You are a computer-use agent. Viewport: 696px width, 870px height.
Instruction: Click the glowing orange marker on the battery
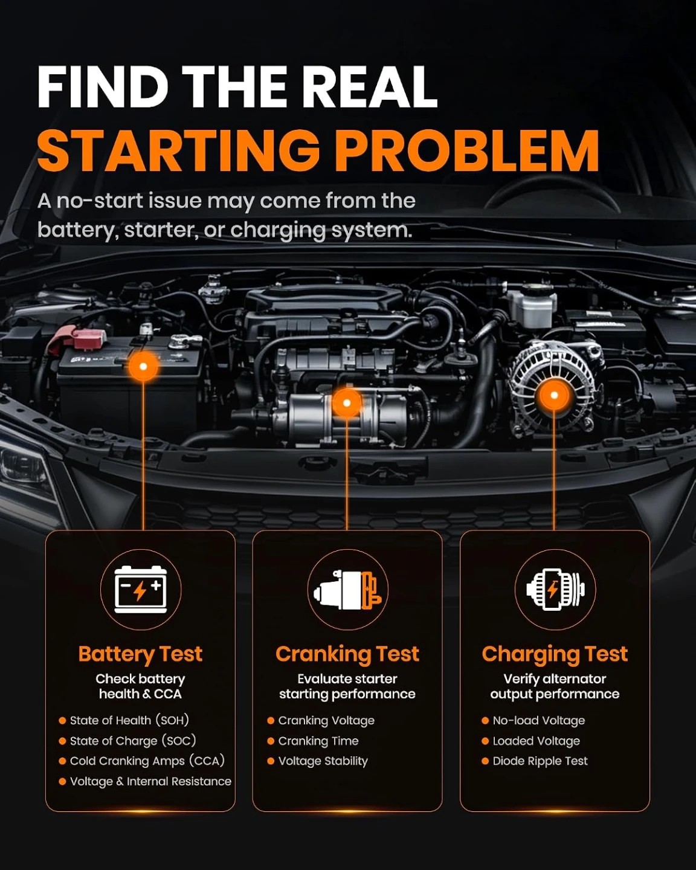tap(143, 367)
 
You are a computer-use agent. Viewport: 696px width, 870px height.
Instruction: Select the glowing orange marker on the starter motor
tap(347, 402)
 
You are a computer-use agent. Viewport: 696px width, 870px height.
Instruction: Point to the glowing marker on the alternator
tap(555, 395)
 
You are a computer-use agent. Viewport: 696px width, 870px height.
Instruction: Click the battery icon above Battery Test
tap(141, 590)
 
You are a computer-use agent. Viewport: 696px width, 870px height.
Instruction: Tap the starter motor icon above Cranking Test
tap(348, 590)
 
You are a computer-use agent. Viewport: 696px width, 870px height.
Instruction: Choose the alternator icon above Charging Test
tap(555, 589)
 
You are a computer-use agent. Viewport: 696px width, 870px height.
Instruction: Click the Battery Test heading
tap(140, 654)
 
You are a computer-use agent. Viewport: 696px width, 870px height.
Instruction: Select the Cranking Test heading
tap(347, 654)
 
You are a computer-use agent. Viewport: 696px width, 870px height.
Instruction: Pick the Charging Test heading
tap(555, 654)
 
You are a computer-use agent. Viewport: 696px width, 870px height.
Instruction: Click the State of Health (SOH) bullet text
tap(129, 720)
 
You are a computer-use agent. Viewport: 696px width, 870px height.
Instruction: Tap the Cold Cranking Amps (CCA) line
tap(147, 761)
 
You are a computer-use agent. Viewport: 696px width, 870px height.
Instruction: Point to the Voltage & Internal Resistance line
tap(150, 781)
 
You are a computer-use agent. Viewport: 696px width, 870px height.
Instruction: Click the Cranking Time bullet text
tap(318, 741)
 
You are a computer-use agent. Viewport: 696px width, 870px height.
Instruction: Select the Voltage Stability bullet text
tap(323, 761)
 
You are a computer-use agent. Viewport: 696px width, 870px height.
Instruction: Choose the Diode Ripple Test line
tap(540, 761)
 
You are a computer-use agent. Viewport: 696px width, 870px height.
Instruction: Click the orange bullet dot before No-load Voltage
tap(485, 720)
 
